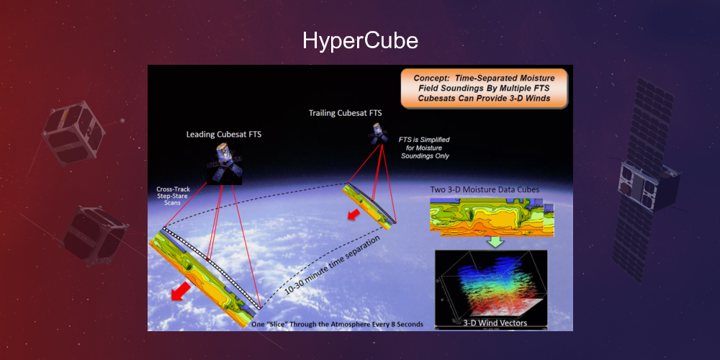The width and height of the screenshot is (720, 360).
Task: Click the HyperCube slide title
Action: click(360, 40)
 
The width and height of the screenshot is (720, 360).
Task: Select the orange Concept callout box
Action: click(484, 89)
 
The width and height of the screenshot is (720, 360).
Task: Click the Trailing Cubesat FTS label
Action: click(345, 113)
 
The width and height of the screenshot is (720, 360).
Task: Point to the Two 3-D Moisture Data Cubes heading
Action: click(483, 189)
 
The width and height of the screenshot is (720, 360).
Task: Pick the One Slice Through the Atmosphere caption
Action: click(336, 325)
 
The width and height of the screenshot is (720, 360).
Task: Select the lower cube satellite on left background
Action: click(94, 234)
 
